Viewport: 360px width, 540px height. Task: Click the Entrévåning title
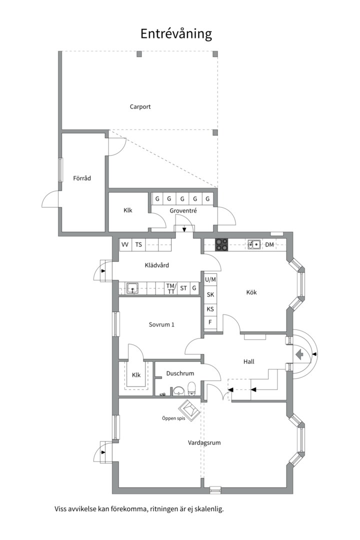(176, 34)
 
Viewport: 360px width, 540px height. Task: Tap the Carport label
(140, 107)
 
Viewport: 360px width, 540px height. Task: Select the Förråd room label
(82, 178)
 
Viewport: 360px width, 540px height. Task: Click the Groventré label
(183, 211)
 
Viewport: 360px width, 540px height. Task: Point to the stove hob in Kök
(221, 244)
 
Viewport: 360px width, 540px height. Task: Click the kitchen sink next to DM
(254, 244)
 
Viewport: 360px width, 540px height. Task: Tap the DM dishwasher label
(269, 244)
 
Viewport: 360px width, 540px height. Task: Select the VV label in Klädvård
(125, 244)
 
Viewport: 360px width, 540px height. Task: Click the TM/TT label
(171, 288)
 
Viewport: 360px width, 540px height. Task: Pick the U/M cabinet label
(210, 279)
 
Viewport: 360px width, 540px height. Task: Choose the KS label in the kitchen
(210, 309)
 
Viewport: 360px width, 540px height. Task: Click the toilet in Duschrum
(192, 388)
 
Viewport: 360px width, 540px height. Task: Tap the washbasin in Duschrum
(178, 390)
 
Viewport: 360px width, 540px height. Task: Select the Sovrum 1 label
(161, 324)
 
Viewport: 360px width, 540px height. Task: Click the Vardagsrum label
(204, 443)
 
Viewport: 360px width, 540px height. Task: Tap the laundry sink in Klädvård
(132, 288)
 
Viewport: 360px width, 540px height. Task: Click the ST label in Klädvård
(183, 288)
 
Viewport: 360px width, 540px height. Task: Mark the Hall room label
(248, 361)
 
